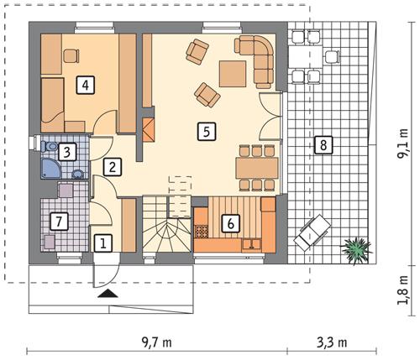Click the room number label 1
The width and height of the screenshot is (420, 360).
102,243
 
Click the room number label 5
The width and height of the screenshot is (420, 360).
203,130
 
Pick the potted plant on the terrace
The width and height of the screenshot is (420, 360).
357,248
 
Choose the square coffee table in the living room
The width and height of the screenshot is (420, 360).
233,74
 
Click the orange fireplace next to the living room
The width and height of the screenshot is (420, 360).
149,130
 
